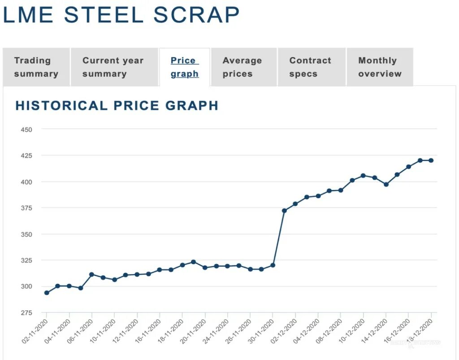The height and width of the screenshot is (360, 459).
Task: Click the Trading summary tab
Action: [x=36, y=67]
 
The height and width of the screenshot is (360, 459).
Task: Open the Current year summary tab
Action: [x=113, y=67]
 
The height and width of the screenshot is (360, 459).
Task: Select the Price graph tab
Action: [x=184, y=67]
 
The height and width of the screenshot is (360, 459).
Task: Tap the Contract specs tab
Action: [x=310, y=67]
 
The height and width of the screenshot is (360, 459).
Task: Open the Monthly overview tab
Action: [x=380, y=67]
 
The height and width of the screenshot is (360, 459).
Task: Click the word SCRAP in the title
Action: [x=196, y=15]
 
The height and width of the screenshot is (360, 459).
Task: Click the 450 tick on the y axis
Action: [x=26, y=130]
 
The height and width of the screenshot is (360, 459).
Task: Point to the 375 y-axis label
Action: [x=26, y=208]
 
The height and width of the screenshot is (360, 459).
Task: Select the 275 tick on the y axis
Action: [x=26, y=313]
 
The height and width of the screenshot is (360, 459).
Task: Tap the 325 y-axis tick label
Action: [x=26, y=260]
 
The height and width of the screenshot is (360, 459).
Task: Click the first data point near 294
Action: [x=47, y=293]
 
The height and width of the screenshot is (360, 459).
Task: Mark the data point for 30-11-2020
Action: [x=273, y=265]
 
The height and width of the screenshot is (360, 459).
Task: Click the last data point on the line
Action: [x=431, y=160]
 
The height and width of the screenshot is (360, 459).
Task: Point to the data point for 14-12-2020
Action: [x=386, y=184]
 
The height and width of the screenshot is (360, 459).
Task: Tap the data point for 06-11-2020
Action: [x=92, y=274]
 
